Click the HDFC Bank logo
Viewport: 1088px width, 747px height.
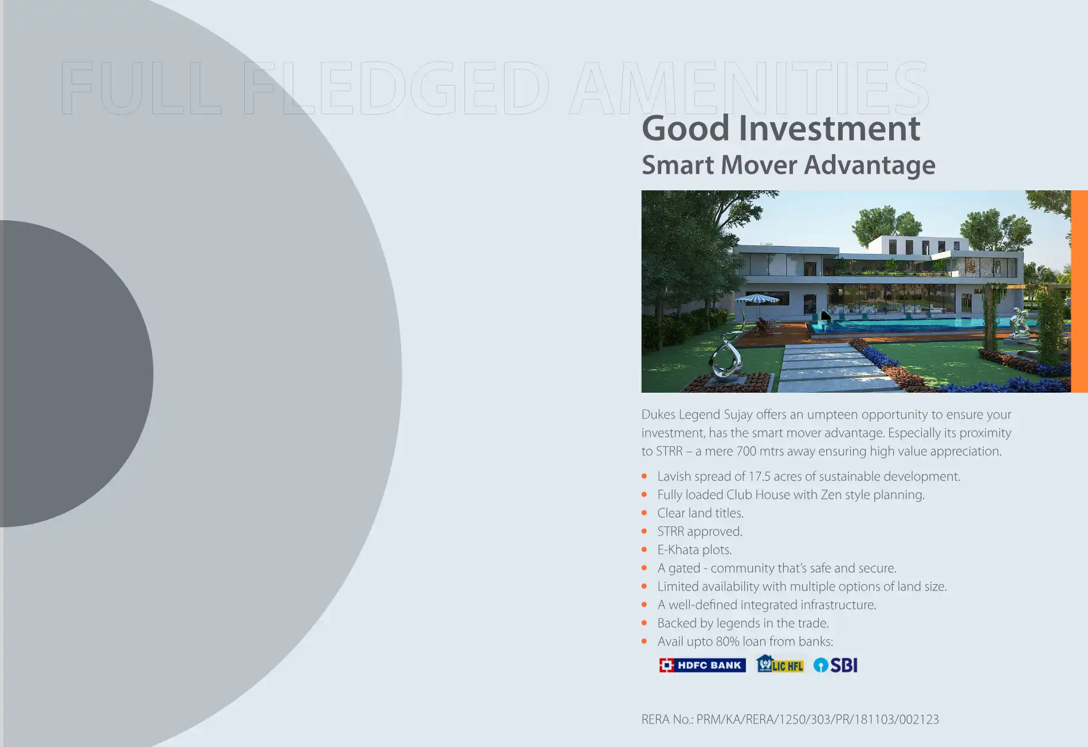click(x=702, y=665)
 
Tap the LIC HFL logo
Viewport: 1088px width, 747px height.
click(x=780, y=664)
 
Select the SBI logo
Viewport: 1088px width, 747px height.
click(x=835, y=665)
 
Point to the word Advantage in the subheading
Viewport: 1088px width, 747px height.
click(x=870, y=166)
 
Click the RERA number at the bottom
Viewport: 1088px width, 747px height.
click(x=790, y=719)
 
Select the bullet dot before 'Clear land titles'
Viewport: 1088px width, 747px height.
click(x=645, y=513)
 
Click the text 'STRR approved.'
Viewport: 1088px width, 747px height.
click(x=700, y=532)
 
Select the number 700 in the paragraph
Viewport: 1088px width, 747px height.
click(x=746, y=451)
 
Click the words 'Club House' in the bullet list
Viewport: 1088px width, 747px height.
click(x=759, y=495)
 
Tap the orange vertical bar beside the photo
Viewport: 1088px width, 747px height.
click(x=1079, y=291)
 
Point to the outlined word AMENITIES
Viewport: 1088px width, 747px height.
click(x=749, y=88)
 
